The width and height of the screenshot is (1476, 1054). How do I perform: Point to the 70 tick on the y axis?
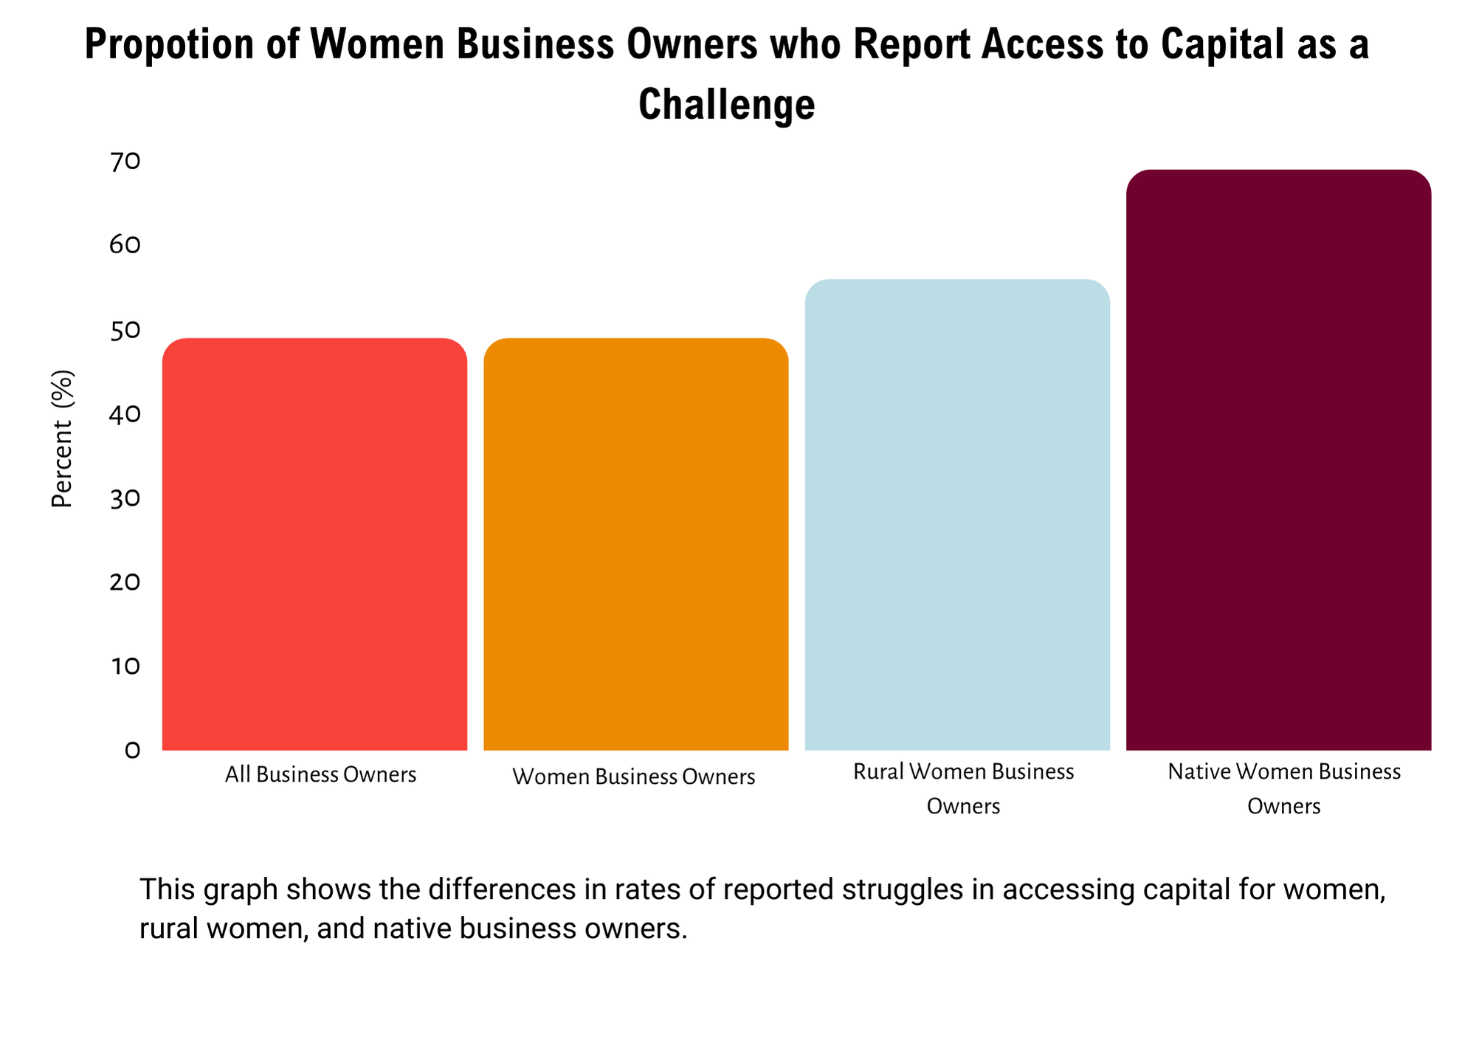(x=125, y=162)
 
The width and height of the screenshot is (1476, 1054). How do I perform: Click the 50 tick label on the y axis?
(x=125, y=330)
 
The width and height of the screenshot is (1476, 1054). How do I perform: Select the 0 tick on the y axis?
(x=132, y=751)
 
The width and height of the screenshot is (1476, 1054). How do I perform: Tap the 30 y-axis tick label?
(x=125, y=498)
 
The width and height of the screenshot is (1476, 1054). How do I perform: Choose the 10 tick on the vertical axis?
(x=125, y=666)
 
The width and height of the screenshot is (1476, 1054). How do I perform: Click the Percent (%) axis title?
(x=63, y=438)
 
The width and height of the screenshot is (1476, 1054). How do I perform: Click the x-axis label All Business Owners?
(x=320, y=775)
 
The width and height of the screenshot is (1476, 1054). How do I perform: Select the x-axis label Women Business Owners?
(x=633, y=777)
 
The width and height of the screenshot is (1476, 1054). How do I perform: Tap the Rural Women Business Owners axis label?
(x=963, y=788)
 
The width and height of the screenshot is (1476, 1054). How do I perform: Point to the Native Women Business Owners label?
(x=1284, y=788)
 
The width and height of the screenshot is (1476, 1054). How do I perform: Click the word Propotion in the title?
(x=170, y=44)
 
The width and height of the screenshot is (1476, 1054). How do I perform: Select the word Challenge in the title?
(x=726, y=104)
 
